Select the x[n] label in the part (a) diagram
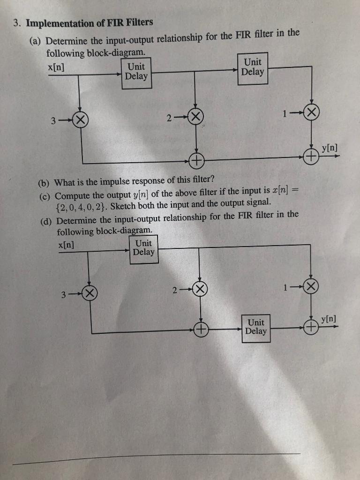(56, 67)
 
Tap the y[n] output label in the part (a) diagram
(330, 149)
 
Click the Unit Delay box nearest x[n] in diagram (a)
(136, 71)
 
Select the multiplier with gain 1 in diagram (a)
(312, 112)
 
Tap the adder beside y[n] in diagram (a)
(311, 156)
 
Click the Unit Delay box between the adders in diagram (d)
(256, 327)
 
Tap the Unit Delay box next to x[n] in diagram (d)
(143, 247)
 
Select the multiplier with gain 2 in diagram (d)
(201, 289)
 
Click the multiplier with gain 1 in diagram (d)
(311, 287)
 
